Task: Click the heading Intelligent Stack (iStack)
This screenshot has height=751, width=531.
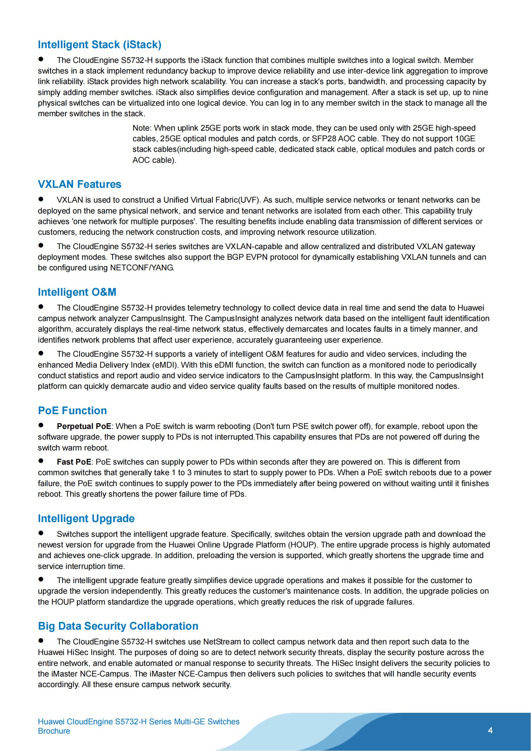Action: [x=100, y=45]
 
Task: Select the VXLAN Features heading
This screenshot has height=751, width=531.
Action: [x=79, y=184]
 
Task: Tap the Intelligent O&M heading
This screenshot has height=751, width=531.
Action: [x=77, y=292]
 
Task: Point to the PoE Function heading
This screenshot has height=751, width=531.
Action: [x=72, y=411]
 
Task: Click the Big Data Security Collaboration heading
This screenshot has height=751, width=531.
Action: [x=118, y=626]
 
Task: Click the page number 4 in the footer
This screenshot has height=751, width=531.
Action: [x=490, y=730]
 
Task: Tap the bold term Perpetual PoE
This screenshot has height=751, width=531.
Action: [x=84, y=426]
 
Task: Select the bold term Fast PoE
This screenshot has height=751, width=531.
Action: [x=74, y=462]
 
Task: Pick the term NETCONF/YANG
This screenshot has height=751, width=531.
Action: [x=142, y=267]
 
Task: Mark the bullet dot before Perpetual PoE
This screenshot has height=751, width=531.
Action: [x=41, y=425]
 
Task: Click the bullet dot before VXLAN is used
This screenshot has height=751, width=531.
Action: [x=41, y=199]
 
